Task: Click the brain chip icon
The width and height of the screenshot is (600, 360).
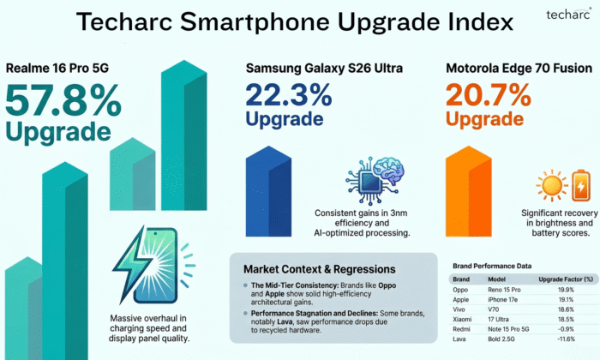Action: (x=368, y=178)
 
